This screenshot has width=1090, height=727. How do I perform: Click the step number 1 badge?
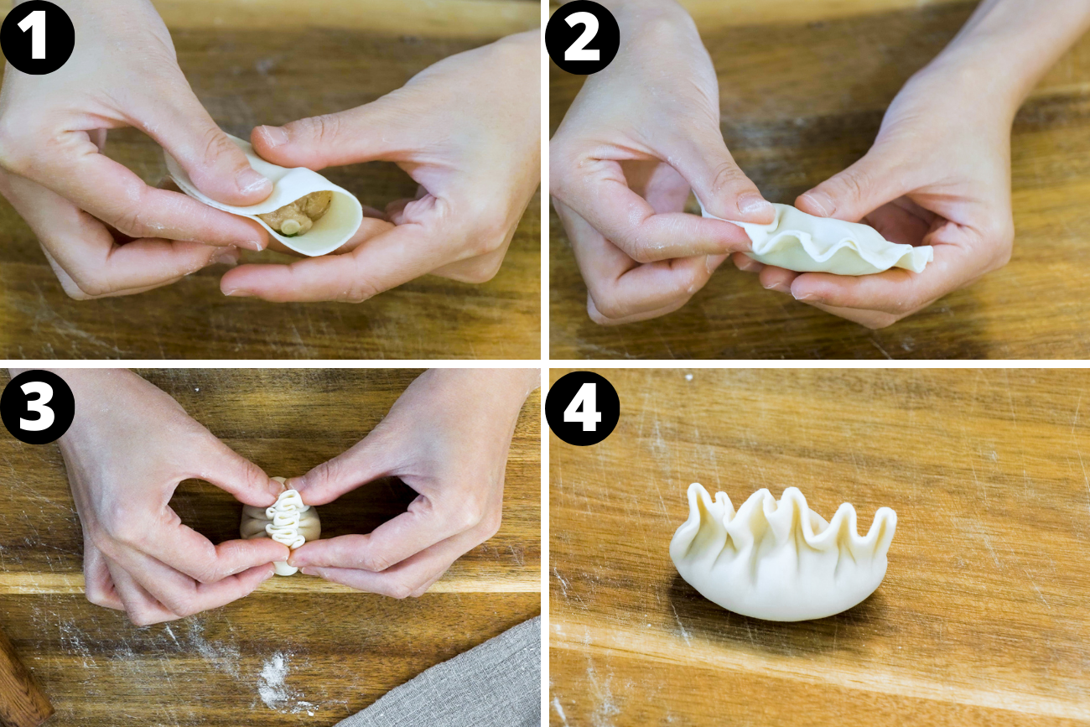pos(37,38)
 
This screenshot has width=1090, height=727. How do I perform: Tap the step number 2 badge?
pos(582,38)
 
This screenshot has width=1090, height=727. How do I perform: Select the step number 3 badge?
pos(37,408)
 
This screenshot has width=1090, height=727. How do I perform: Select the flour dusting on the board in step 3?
pos(272,679)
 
